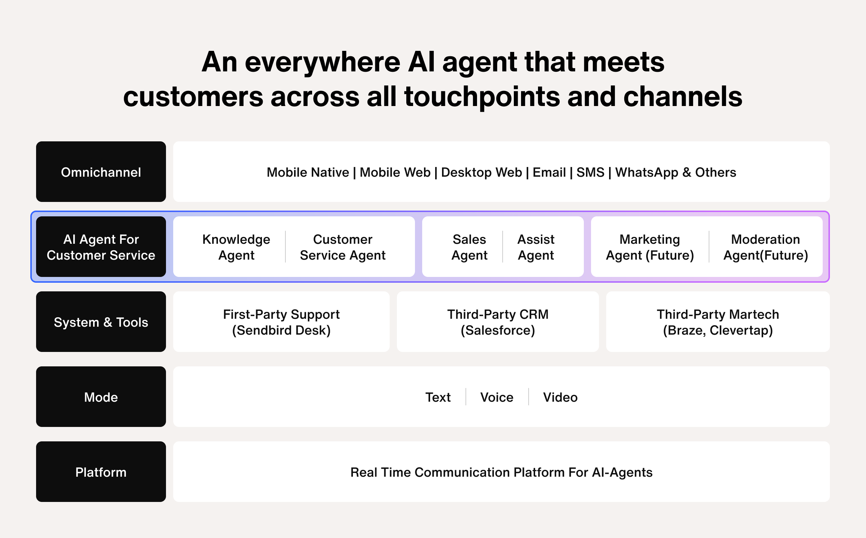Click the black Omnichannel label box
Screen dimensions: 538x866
(101, 172)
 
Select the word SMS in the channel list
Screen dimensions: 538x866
(590, 172)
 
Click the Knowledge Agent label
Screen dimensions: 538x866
(236, 247)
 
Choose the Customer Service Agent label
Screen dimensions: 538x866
(342, 247)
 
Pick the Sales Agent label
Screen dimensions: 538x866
(469, 247)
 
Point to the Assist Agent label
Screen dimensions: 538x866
(536, 247)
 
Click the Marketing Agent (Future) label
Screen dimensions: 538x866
(649, 247)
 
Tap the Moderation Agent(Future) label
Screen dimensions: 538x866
(765, 247)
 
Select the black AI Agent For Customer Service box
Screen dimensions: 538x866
(101, 247)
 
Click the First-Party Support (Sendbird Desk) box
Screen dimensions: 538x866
(281, 322)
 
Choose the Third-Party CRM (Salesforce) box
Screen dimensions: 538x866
(498, 322)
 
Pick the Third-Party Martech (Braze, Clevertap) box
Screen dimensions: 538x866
(718, 322)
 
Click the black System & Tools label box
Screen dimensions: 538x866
(101, 322)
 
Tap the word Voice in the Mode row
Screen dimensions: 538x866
(497, 397)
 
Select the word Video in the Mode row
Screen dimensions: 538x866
(560, 397)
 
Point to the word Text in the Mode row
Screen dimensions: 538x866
(438, 397)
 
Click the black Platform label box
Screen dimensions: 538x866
(101, 472)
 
